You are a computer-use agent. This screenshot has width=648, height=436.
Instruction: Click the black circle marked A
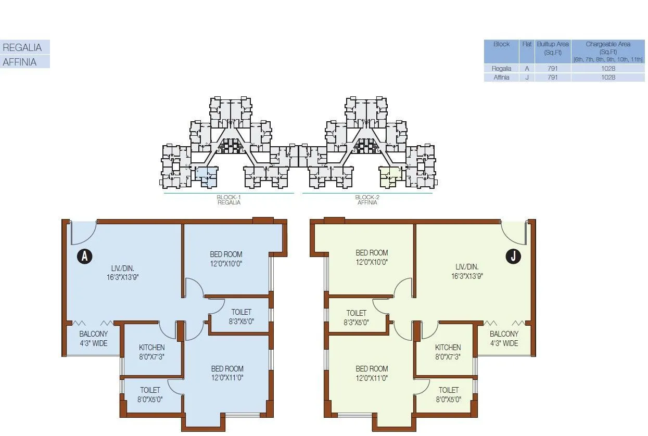point(84,256)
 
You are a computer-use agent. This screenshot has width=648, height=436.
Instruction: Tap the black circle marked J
point(514,256)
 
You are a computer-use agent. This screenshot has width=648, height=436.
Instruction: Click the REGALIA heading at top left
point(22,47)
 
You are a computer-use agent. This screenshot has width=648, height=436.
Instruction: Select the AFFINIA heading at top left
point(20,62)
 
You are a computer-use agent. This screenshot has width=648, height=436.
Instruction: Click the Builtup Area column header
point(552,48)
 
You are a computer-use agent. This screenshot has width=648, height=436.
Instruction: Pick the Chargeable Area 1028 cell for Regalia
point(607,68)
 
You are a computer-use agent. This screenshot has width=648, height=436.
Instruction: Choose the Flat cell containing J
point(527,77)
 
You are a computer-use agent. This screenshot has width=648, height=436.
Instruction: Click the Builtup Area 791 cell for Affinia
point(552,77)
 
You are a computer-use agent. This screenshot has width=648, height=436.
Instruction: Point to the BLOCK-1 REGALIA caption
point(229,200)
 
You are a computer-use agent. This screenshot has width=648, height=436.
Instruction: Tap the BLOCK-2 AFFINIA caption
point(367,200)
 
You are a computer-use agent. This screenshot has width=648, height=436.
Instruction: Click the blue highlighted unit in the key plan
point(207,177)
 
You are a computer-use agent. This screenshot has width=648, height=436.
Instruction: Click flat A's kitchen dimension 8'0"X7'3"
point(151,356)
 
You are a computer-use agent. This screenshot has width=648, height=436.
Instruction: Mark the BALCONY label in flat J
point(504,334)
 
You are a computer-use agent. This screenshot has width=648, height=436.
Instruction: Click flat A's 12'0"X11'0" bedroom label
point(226,378)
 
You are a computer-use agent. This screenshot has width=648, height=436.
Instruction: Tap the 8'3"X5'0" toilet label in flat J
point(357,322)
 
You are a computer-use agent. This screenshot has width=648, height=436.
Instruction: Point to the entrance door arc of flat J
point(514,232)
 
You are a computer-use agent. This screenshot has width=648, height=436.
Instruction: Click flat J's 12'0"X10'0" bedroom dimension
point(372,263)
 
